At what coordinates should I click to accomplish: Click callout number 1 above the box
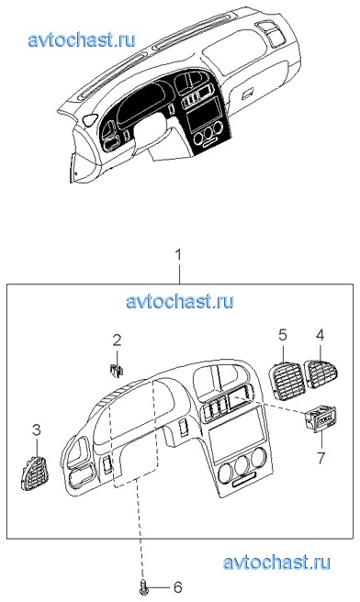coord(179,256)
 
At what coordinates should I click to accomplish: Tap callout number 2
coord(117,340)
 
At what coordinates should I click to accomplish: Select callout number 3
coord(36,430)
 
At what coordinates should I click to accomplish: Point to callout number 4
coord(320,335)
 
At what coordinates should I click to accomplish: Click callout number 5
coord(282,335)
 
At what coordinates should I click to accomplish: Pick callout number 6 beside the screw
coord(177,587)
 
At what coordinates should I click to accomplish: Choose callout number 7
coord(320,457)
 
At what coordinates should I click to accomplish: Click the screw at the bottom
coord(143,587)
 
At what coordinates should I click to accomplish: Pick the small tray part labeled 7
coord(320,418)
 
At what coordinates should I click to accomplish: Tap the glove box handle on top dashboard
coord(248,93)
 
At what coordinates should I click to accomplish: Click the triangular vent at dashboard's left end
coord(89,119)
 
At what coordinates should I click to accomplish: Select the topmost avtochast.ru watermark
coord(82,39)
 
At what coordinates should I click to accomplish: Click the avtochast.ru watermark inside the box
coord(179,301)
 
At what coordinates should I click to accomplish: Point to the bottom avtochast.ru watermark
coord(276,563)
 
